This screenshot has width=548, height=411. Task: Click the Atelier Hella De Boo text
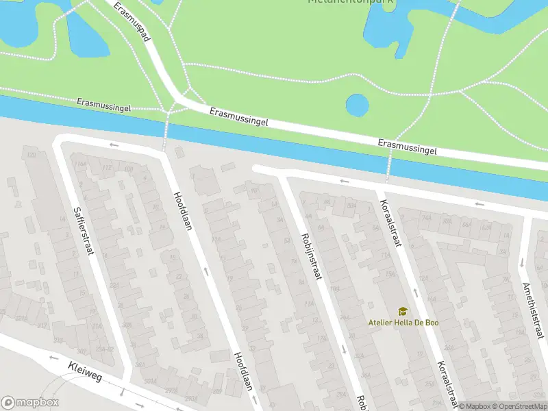click(403, 323)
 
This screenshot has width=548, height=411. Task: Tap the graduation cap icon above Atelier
click(402, 312)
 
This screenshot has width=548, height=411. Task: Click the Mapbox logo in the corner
click(30, 403)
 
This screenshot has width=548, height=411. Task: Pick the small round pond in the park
click(357, 105)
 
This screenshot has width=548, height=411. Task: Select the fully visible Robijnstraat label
click(311, 256)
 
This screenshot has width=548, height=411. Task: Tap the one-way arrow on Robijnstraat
click(343, 349)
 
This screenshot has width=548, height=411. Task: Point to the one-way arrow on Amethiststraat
click(521, 261)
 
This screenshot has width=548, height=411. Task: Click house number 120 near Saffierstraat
click(31, 155)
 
